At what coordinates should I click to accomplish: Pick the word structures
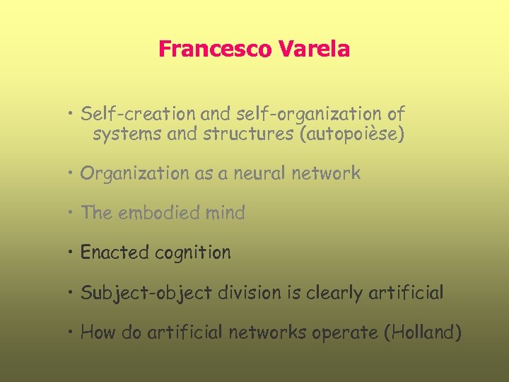(x=248, y=134)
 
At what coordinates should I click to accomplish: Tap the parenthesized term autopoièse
(x=352, y=134)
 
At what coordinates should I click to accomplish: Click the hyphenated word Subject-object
(x=146, y=293)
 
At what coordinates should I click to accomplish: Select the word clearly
(x=334, y=293)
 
